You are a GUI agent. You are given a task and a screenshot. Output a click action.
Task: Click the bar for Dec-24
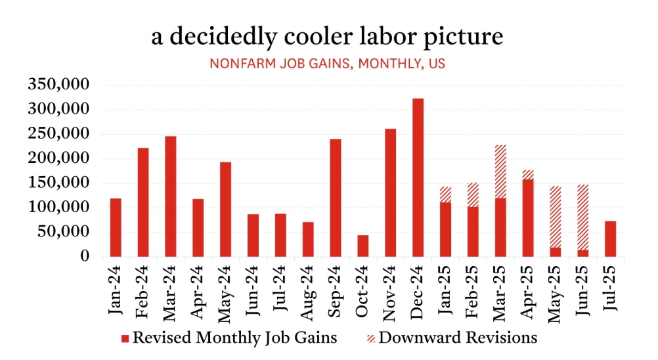(418, 177)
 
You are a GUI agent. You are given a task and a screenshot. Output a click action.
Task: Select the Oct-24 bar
(362, 246)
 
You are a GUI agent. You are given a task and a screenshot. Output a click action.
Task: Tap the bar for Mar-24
(170, 196)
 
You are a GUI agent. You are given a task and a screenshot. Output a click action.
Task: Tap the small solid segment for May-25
(556, 252)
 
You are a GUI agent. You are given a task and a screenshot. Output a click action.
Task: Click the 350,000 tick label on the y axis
(59, 85)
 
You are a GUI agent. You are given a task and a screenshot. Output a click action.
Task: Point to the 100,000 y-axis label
(59, 208)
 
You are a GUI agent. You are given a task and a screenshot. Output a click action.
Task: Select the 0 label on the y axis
(84, 256)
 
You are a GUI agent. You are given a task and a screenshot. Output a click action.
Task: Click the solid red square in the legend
(125, 339)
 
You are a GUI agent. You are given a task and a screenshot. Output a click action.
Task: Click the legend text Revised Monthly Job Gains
(235, 338)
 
